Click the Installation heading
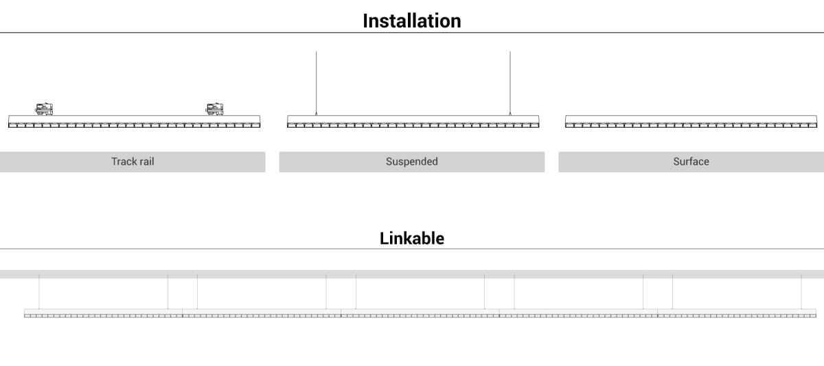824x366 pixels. click(411, 21)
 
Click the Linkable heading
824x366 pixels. click(411, 238)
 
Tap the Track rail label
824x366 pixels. click(133, 161)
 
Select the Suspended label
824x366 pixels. click(411, 161)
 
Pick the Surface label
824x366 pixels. click(691, 161)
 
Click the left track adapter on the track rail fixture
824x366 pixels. click(44, 109)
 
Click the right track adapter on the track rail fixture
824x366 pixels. click(214, 109)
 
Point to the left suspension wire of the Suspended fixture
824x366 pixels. click(316, 84)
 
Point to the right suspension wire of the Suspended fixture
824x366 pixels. click(510, 84)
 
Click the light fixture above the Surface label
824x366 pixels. click(691, 122)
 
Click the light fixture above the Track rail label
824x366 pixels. click(135, 122)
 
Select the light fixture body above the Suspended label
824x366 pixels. click(413, 122)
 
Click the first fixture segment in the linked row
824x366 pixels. click(104, 313)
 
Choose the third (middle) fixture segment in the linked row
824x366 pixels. click(420, 313)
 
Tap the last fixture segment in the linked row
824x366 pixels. click(737, 313)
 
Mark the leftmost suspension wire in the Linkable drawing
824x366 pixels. click(39, 292)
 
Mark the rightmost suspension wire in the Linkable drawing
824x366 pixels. click(801, 292)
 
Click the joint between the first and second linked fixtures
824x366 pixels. click(183, 313)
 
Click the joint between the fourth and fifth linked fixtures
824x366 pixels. click(657, 313)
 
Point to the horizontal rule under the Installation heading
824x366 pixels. click(412, 33)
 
